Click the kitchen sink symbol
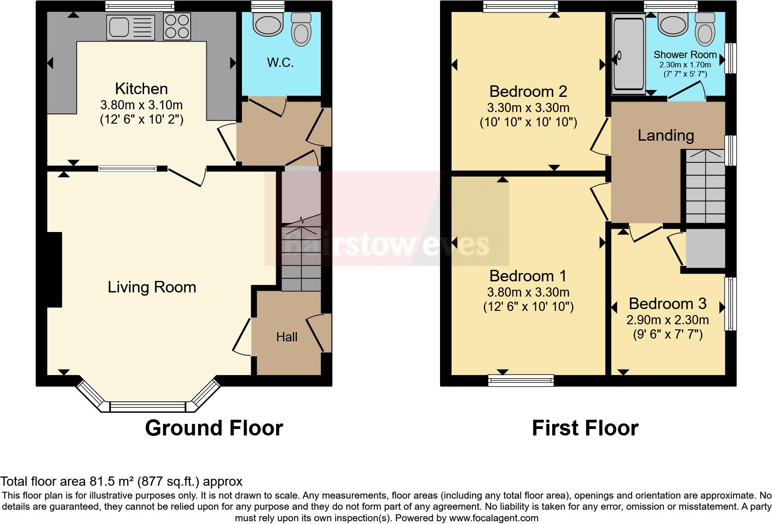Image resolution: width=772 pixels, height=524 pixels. pyautogui.click(x=131, y=27)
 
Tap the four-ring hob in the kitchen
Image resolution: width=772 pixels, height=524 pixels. pyautogui.click(x=177, y=27)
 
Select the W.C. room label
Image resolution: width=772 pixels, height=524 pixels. pyautogui.click(x=280, y=63)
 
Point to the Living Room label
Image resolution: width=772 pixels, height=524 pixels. pyautogui.click(x=152, y=287)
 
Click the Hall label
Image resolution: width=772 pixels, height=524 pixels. pyautogui.click(x=287, y=337)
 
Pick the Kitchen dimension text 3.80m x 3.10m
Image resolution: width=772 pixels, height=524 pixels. pyautogui.click(x=141, y=105)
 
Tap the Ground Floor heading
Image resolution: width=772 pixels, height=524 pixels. pyautogui.click(x=214, y=428)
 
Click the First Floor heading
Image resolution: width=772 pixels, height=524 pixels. pyautogui.click(x=585, y=428)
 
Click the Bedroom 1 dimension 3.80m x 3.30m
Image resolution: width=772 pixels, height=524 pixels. pyautogui.click(x=528, y=292)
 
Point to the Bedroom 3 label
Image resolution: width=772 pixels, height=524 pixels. pyautogui.click(x=667, y=304)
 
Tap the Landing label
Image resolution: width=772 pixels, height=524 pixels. pyautogui.click(x=666, y=135)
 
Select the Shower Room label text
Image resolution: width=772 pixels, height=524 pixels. pyautogui.click(x=685, y=55)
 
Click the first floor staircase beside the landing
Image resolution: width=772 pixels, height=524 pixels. pyautogui.click(x=705, y=187)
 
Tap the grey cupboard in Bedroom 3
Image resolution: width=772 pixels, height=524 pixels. pyautogui.click(x=705, y=248)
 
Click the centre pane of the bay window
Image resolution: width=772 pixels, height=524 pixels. pyautogui.click(x=148, y=407)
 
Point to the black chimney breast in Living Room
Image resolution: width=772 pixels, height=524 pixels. pyautogui.click(x=54, y=270)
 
